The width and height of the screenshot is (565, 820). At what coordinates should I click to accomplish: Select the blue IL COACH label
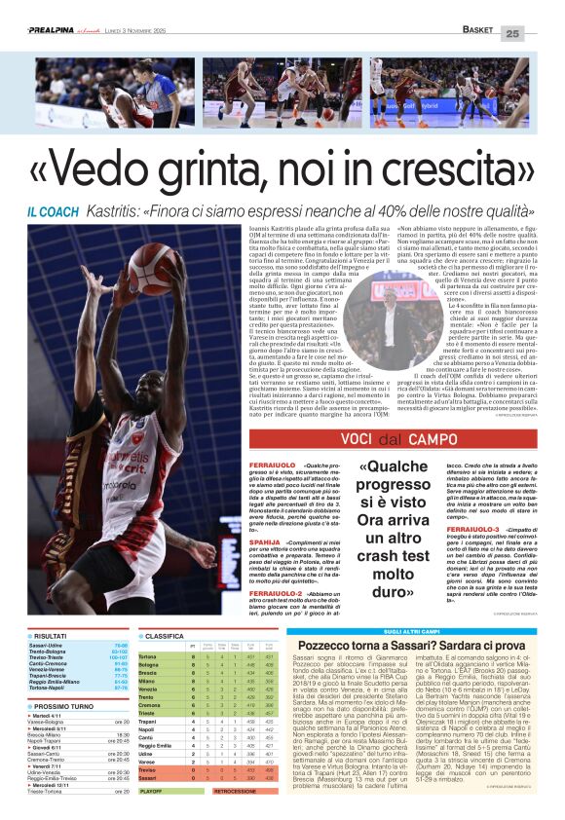pyautogui.click(x=56, y=211)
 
